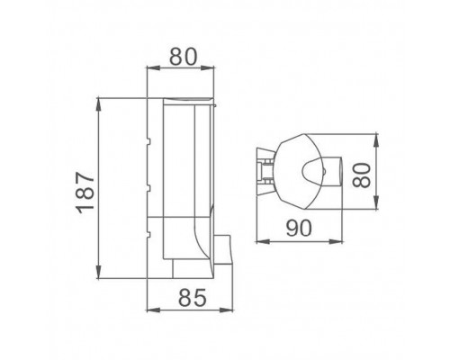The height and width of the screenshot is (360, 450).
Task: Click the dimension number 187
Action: tap(85, 193)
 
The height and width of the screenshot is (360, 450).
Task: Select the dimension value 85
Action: tap(193, 298)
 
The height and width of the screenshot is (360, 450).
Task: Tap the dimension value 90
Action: tap(298, 228)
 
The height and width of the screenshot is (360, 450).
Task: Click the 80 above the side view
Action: tap(184, 57)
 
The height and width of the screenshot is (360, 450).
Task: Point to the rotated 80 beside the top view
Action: tap(361, 175)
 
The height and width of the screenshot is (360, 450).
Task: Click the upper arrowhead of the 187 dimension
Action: tap(99, 104)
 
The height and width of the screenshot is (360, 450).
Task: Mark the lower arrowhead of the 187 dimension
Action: tap(99, 273)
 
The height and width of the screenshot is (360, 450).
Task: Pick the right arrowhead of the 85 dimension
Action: tap(227, 310)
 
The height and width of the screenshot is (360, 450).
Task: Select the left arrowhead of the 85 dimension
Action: tap(153, 310)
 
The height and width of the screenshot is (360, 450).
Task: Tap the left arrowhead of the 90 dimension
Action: tap(263, 241)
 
